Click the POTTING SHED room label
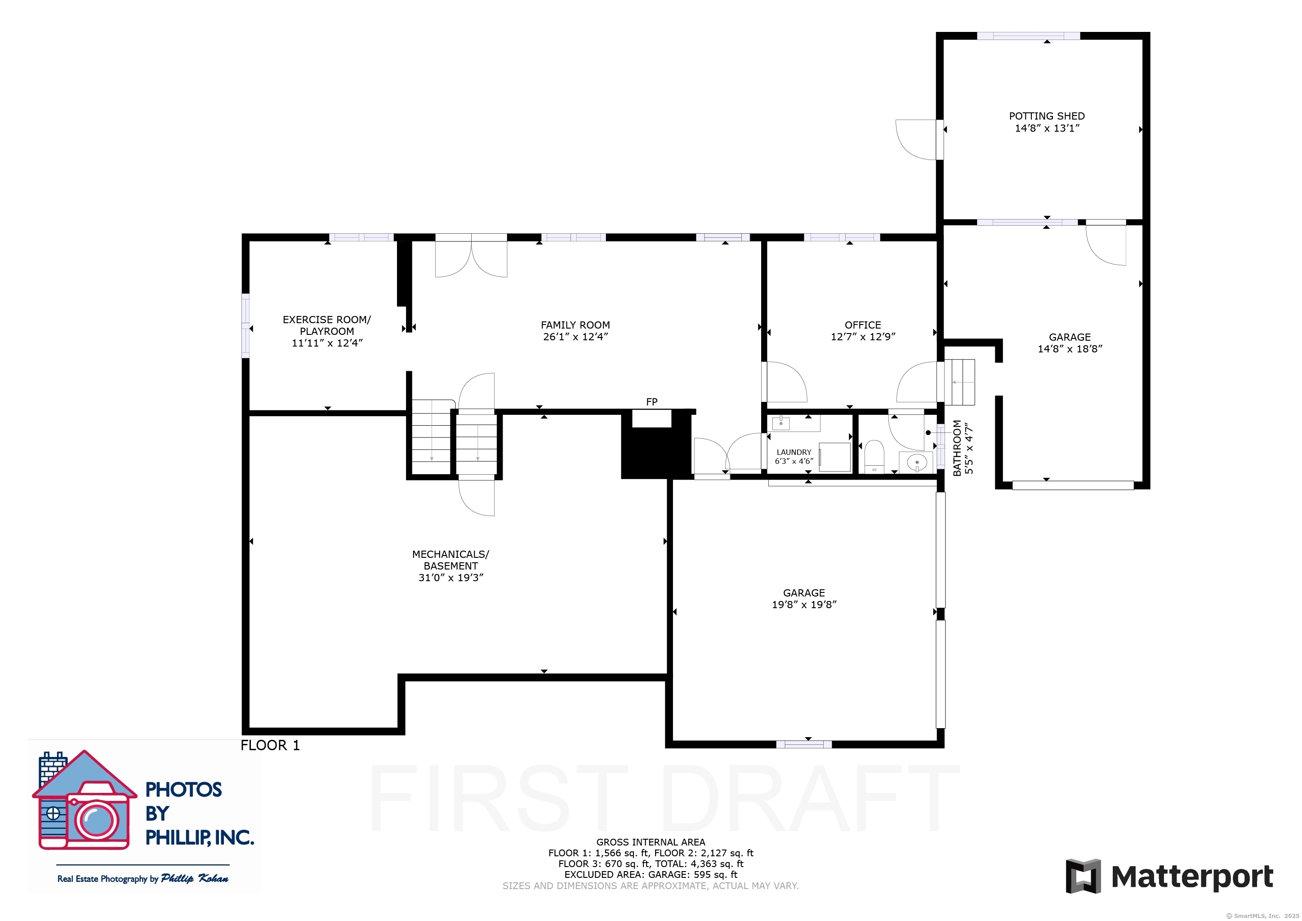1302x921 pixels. (x=1046, y=116)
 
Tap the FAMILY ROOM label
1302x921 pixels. (x=575, y=325)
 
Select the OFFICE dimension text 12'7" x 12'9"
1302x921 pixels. (x=862, y=337)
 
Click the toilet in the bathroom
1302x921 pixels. (x=874, y=457)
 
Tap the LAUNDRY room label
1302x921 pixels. (x=794, y=452)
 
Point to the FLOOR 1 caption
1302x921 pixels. (x=270, y=745)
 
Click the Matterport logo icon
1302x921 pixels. (x=1083, y=876)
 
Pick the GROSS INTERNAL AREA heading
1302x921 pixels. (x=651, y=842)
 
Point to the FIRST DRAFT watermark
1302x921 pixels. (x=664, y=798)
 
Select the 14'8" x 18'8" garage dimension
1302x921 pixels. (x=1070, y=349)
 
